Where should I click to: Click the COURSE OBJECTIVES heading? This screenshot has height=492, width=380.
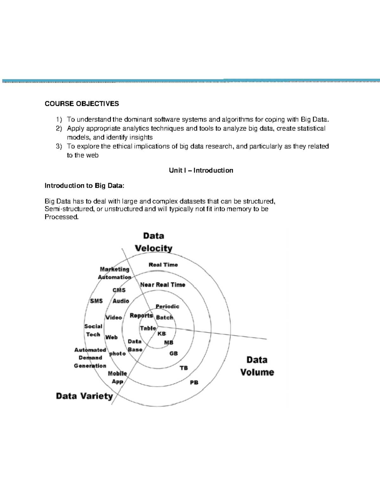82,104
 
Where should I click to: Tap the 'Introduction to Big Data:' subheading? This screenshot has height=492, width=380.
84,186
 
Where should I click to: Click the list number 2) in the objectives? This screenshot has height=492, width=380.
59,129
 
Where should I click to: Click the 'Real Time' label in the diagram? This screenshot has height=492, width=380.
163,265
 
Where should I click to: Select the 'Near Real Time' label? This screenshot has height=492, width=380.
163,285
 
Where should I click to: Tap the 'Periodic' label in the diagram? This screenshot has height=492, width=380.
167,307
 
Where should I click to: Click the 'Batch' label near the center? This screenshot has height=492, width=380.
164,317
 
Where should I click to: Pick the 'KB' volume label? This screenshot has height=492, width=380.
161,334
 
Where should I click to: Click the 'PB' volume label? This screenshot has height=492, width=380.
194,383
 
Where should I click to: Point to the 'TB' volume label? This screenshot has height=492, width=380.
184,368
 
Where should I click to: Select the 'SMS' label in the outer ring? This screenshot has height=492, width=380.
96,301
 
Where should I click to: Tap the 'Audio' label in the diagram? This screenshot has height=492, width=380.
121,301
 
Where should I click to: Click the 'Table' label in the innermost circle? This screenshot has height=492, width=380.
148,328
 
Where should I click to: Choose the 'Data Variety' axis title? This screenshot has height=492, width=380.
84,396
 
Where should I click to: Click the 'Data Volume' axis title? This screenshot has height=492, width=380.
257,366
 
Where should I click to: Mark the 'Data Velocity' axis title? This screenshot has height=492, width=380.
154,242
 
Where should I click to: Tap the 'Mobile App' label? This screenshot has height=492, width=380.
117,378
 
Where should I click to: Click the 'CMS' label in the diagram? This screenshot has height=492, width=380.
119,290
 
